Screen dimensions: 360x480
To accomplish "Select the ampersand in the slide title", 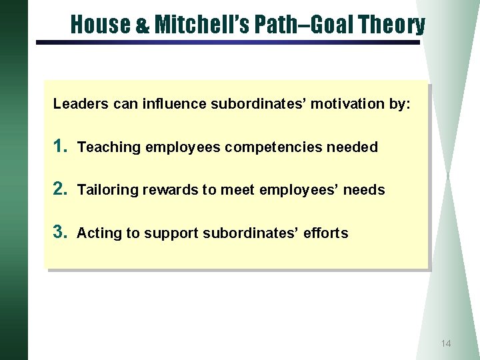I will point(143,26).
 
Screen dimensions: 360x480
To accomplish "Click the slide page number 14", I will point(446,343).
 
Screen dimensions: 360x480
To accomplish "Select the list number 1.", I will point(61,146).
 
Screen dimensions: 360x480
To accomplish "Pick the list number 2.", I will point(61,189).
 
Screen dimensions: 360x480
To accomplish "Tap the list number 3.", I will point(61,232).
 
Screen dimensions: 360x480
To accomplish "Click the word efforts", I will point(326,233).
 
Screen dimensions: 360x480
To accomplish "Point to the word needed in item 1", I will point(353,147).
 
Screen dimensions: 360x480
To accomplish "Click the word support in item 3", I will point(171,233).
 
